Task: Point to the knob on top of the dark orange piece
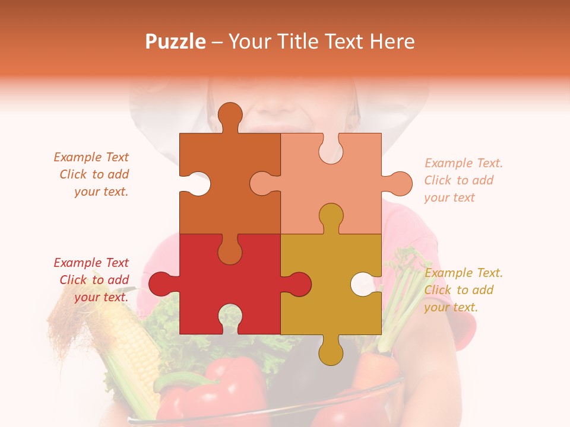point(230,115)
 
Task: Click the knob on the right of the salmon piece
point(398,184)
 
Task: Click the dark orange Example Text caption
point(92,174)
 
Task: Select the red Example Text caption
point(92,280)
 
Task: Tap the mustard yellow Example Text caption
point(463,290)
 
